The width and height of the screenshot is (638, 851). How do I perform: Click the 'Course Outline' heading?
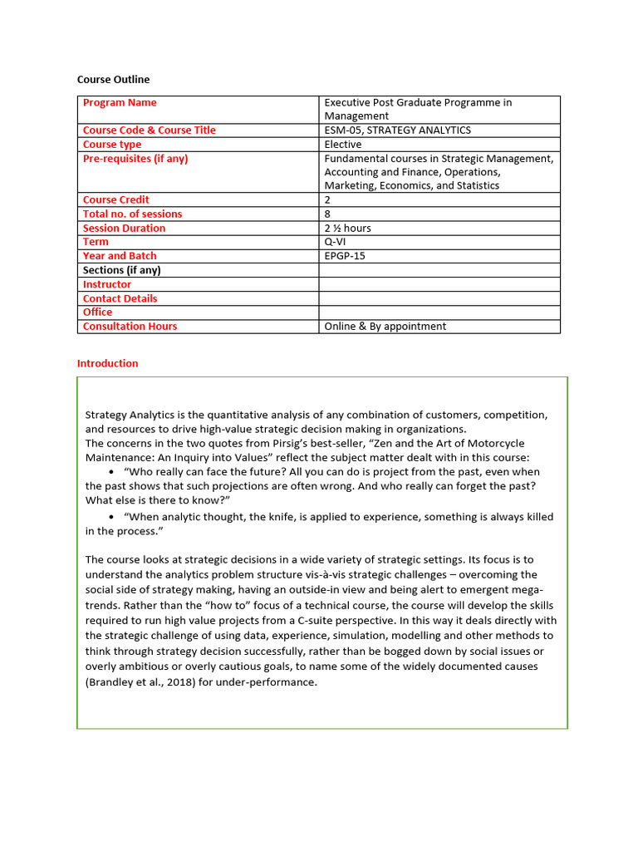coord(113,80)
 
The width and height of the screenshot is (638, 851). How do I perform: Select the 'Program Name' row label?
coord(120,103)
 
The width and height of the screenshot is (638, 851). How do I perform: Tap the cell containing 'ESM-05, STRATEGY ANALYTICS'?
coord(397,130)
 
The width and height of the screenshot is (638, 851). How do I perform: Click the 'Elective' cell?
coord(343,145)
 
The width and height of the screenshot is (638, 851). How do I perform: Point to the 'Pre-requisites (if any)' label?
coord(135,159)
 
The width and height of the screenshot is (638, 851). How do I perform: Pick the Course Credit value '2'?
coord(327,200)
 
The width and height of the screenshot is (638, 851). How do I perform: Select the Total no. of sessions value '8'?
coord(327,214)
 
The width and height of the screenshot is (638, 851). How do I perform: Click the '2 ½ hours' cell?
coord(347,229)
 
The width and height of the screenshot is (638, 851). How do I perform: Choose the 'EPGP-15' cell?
coord(345,256)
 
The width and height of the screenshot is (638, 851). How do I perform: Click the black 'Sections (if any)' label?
coord(122,270)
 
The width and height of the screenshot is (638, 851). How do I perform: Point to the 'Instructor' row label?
coord(107,284)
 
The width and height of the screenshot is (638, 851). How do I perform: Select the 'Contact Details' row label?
coord(120,298)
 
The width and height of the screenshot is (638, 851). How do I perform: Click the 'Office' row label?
coord(97,312)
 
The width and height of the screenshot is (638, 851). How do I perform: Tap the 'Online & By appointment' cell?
coord(385,327)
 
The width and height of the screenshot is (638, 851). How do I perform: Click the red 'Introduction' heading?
coord(107,363)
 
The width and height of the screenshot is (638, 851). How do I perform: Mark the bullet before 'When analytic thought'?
coord(110,517)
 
